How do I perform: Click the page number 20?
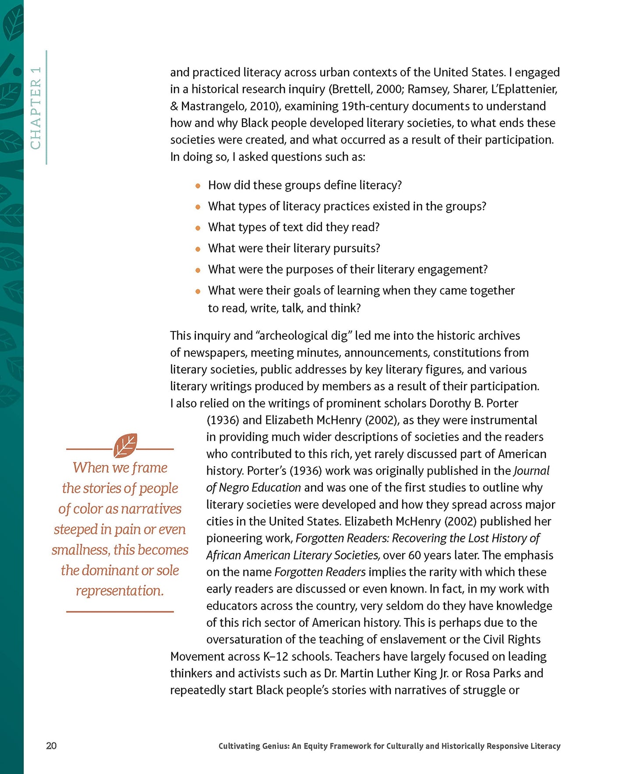[x=51, y=746]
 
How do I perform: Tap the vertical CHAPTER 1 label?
[x=36, y=108]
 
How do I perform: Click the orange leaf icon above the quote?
[x=125, y=445]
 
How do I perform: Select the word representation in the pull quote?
[x=120, y=591]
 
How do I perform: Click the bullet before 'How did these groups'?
[x=198, y=186]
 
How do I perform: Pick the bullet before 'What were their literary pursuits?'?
[x=198, y=249]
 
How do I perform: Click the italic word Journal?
[x=531, y=471]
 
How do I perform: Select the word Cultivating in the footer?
[x=240, y=746]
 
